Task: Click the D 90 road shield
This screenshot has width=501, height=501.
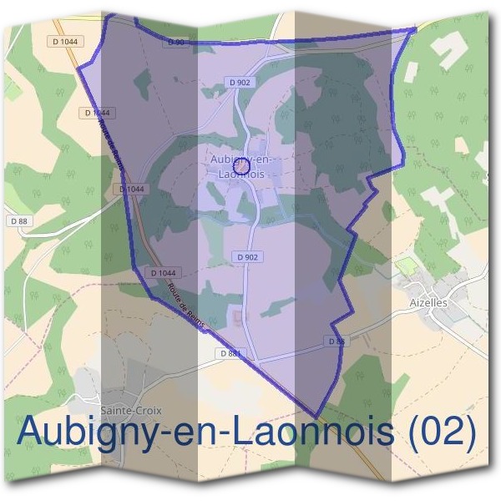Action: point(175,42)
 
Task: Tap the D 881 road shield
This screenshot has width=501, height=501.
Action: point(233,354)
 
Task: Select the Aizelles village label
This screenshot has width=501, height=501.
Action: point(429,302)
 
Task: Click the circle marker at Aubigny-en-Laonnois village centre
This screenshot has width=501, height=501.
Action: point(242,168)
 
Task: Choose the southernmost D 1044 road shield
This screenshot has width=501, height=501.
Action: point(163,273)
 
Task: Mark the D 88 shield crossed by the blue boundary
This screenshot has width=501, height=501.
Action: point(336,342)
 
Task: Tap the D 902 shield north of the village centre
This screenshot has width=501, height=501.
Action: point(239,82)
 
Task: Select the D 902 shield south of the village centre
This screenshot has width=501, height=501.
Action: point(248,257)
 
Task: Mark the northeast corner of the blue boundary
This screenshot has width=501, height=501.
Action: point(415,30)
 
